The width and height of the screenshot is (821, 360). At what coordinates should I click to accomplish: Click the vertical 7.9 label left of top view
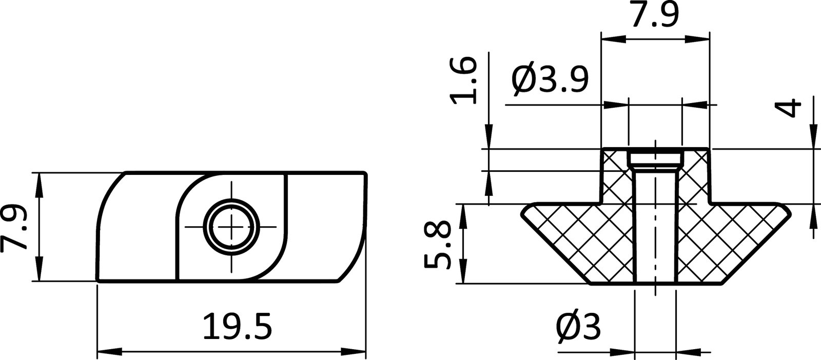[x=14, y=227]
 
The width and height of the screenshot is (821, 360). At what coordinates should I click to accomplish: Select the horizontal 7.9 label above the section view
[x=654, y=15]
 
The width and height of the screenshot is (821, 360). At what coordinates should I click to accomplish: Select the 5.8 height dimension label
[x=437, y=245]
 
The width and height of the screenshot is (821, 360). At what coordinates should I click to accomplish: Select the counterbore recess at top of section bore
[x=655, y=156]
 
